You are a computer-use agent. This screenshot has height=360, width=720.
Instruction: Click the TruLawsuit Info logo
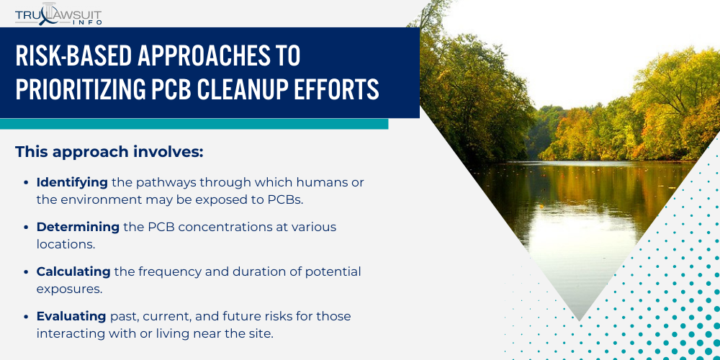click(x=58, y=13)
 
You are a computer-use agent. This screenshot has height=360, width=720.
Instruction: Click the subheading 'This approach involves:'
click(x=109, y=152)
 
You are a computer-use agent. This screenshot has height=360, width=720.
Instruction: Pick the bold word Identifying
click(x=72, y=182)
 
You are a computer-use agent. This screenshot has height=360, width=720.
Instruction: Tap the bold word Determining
click(x=78, y=227)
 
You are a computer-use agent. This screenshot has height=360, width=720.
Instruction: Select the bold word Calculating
click(x=73, y=271)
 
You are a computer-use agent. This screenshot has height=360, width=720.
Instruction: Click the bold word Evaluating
click(x=71, y=316)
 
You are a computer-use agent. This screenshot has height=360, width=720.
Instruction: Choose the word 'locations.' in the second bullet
click(x=66, y=244)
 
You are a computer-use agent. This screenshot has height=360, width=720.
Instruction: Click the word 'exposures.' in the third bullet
click(x=70, y=289)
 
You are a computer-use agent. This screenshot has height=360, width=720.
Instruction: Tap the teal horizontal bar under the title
click(x=194, y=124)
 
